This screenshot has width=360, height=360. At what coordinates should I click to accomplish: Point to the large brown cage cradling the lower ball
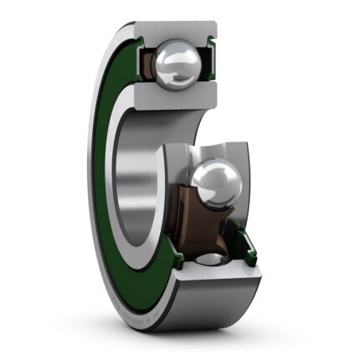point(198,219)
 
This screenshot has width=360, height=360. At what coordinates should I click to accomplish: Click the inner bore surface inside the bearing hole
point(147,176)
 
